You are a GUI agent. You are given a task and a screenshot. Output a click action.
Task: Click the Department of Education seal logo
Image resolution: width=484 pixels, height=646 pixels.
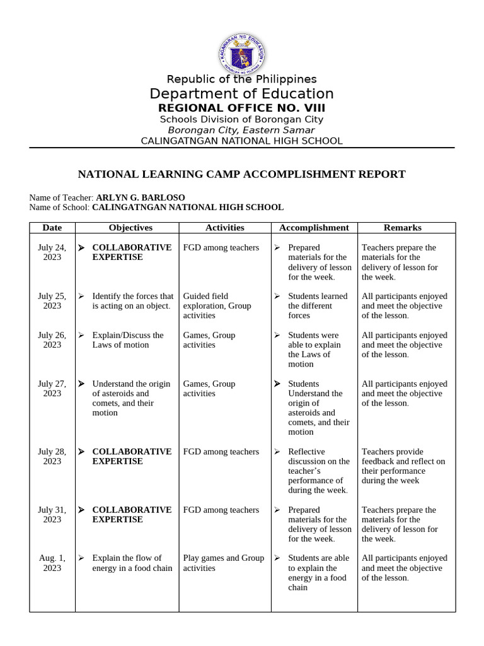(242, 54)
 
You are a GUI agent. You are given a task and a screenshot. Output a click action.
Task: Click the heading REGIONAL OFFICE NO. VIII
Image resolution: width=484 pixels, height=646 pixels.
(241, 108)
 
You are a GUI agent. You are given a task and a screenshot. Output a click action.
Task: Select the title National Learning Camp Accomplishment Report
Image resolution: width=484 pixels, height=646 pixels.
(241, 174)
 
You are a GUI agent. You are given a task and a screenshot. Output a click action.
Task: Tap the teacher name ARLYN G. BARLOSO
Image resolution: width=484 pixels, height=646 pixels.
(141, 197)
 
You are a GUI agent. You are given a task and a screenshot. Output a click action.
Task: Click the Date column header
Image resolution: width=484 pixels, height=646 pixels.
(52, 228)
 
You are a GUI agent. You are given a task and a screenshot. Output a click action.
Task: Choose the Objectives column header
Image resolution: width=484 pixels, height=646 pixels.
(130, 228)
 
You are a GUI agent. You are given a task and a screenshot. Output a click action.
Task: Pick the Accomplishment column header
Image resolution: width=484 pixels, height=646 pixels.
(314, 228)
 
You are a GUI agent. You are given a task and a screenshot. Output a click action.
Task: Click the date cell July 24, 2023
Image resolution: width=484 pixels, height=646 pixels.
(52, 252)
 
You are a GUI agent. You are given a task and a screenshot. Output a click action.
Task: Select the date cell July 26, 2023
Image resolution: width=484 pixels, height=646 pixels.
(52, 340)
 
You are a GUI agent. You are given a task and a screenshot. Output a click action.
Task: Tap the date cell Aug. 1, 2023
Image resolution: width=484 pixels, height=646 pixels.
(52, 563)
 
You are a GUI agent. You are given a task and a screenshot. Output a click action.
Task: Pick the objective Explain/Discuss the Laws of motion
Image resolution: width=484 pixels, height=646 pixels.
(127, 340)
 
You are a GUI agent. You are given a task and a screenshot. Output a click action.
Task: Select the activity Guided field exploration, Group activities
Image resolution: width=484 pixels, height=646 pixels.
(217, 305)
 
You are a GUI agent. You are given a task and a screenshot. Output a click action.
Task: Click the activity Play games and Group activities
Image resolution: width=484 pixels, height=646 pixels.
(224, 563)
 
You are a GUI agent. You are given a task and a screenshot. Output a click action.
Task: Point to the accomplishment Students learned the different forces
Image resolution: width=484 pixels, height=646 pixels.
(317, 305)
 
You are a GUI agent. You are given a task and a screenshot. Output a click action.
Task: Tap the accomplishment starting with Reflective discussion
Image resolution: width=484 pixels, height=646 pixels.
(318, 471)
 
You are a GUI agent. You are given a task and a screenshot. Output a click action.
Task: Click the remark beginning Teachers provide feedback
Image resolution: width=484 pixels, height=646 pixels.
(403, 466)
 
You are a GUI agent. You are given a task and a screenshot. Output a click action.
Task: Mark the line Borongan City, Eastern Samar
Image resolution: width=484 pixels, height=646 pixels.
(241, 130)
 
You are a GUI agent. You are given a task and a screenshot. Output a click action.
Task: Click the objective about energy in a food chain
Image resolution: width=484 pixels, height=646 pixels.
(132, 563)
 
